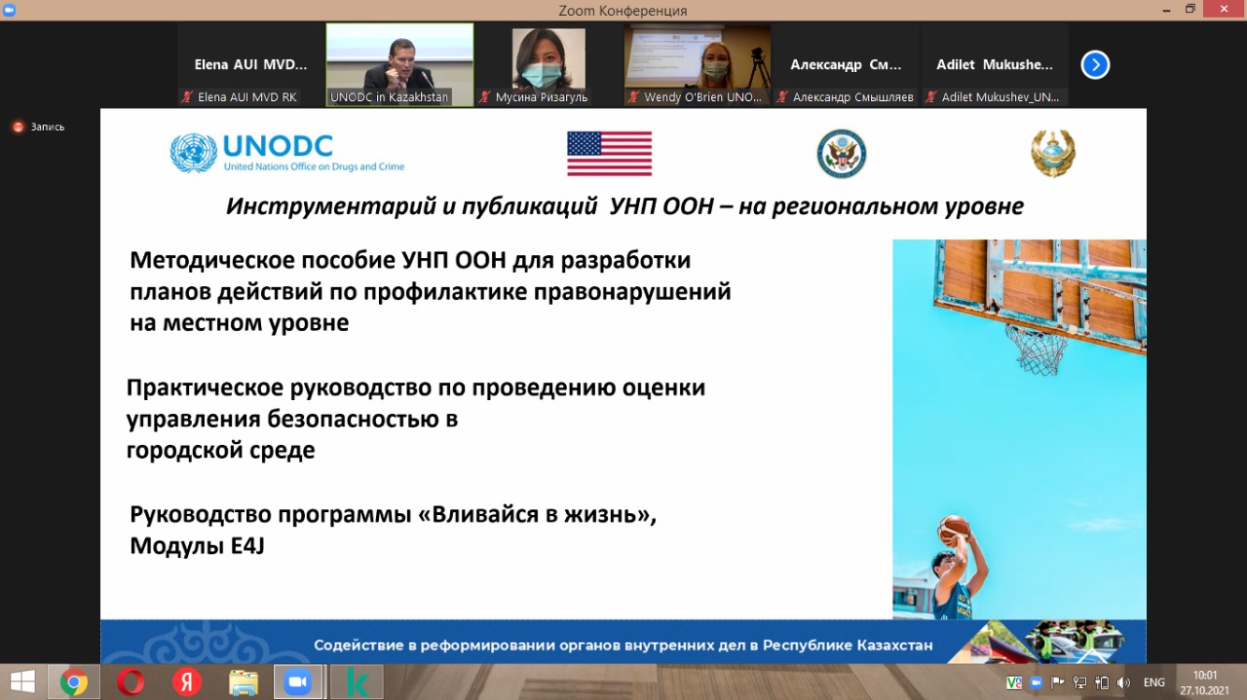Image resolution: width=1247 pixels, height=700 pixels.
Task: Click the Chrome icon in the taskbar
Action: [x=73, y=682]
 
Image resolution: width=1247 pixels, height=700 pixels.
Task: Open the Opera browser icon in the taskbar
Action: [x=131, y=682]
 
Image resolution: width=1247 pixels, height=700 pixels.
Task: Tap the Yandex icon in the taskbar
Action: [x=187, y=682]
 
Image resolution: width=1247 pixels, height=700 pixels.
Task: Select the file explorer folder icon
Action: [x=244, y=682]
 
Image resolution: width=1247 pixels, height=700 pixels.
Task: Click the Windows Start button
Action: [x=22, y=682]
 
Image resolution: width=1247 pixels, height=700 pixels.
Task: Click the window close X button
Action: [x=1224, y=9]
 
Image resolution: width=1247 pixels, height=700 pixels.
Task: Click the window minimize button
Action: [x=1166, y=10]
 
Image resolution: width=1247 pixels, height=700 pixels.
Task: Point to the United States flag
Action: [x=609, y=154]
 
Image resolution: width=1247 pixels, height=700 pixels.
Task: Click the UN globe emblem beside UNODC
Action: [x=193, y=153]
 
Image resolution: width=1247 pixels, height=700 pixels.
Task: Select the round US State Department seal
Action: [x=841, y=154]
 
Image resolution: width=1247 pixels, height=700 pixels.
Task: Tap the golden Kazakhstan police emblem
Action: [x=1053, y=153]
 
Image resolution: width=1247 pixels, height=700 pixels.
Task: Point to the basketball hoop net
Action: [x=1037, y=349]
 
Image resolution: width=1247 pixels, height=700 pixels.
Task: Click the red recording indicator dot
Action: [x=18, y=127]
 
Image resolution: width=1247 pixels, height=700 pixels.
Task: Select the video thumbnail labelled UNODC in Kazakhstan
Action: [x=399, y=64]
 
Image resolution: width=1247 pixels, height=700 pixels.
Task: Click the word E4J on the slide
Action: [x=247, y=546]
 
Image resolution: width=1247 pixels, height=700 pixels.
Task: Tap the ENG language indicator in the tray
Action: [x=1154, y=682]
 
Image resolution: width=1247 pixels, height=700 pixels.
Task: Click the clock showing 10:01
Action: [x=1205, y=676]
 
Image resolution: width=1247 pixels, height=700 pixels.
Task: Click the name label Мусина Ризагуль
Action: [x=541, y=96]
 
